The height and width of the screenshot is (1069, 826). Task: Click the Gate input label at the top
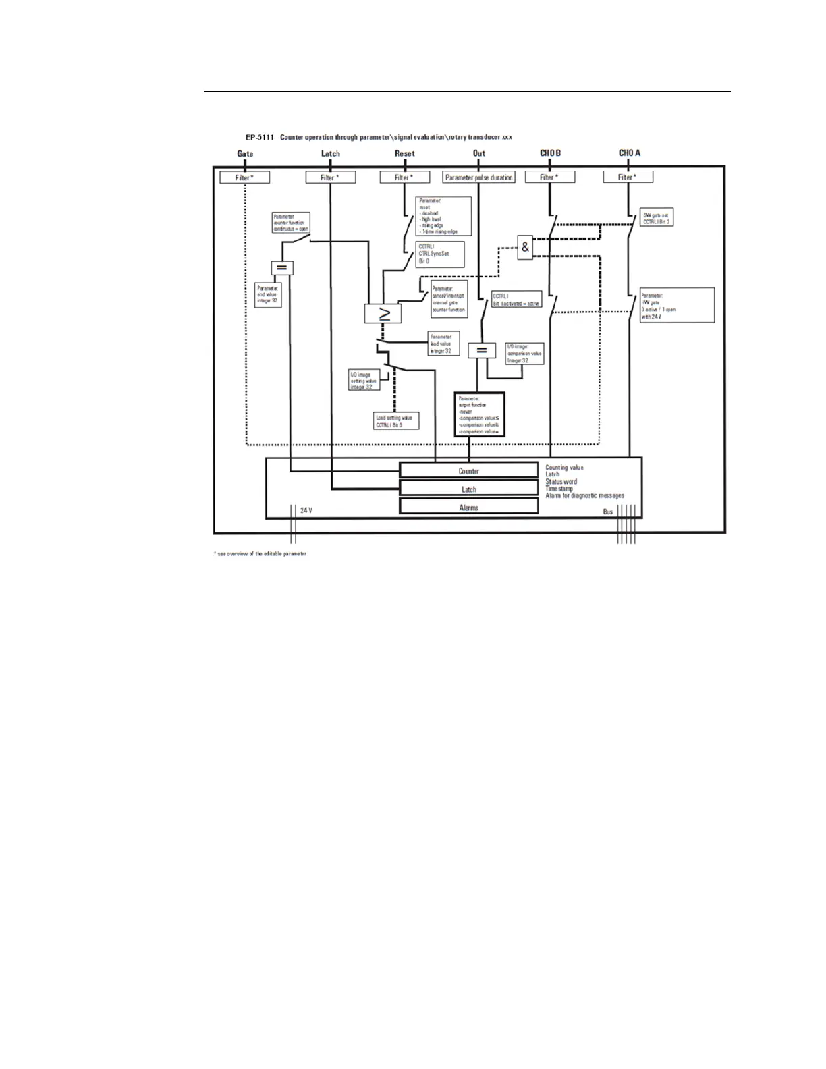click(245, 154)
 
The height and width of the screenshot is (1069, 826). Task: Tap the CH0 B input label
click(550, 153)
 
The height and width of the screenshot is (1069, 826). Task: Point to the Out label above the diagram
click(478, 153)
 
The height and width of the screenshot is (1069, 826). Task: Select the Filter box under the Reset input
click(404, 177)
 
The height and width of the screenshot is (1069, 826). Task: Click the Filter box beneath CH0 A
click(628, 177)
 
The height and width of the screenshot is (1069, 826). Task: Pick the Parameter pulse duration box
click(478, 177)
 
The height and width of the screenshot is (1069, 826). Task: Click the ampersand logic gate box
click(526, 248)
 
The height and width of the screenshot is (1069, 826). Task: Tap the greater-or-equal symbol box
click(383, 313)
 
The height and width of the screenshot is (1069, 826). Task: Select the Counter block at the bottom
click(468, 471)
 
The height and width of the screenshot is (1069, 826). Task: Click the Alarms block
click(468, 508)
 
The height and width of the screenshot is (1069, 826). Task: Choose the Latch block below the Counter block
click(468, 489)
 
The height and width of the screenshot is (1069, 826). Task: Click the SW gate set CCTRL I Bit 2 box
click(655, 219)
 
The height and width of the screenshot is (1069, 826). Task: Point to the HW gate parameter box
click(677, 306)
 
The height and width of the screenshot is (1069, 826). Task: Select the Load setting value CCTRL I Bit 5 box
click(396, 421)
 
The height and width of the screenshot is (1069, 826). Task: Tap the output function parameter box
click(479, 414)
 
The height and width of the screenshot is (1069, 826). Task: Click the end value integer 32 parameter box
click(268, 294)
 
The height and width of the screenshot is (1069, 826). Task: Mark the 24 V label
click(306, 510)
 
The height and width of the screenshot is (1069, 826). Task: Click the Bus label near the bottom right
click(608, 512)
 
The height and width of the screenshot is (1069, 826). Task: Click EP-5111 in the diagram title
click(260, 137)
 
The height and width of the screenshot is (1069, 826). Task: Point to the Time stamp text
click(559, 489)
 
